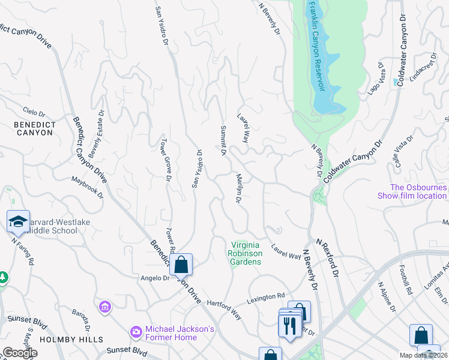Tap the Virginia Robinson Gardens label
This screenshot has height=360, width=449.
tap(247, 253)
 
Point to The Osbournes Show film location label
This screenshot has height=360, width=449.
tap(412, 191)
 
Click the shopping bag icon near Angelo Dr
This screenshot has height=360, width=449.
tap(181, 264)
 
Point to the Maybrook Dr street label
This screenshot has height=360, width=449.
tap(88, 187)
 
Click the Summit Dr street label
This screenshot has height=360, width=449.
tap(222, 142)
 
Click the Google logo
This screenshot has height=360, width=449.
tap(20, 352)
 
